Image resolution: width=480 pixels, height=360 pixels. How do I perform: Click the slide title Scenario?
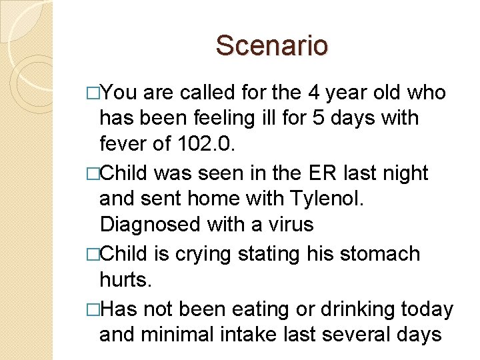coord(272,46)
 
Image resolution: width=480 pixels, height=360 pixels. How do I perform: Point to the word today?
coord(428,309)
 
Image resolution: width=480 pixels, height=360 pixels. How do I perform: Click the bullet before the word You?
coord(93,93)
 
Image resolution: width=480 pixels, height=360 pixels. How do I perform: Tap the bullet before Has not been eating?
coord(93,309)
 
